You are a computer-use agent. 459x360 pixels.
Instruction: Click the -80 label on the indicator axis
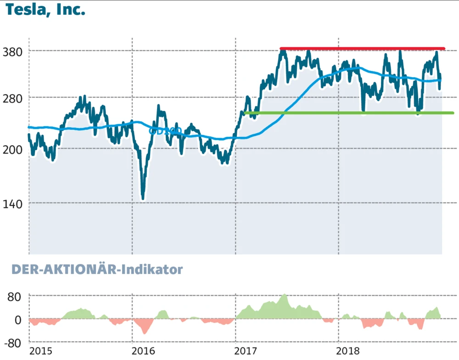12,343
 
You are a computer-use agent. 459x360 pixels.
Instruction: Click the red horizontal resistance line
363,48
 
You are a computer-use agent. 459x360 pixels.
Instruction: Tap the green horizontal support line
349,113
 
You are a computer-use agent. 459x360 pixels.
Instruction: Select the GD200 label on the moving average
165,131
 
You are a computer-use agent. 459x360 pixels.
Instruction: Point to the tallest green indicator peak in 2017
285,295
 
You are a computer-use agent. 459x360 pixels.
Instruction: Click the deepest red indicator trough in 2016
144,332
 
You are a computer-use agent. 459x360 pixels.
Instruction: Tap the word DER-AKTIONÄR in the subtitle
64,270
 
